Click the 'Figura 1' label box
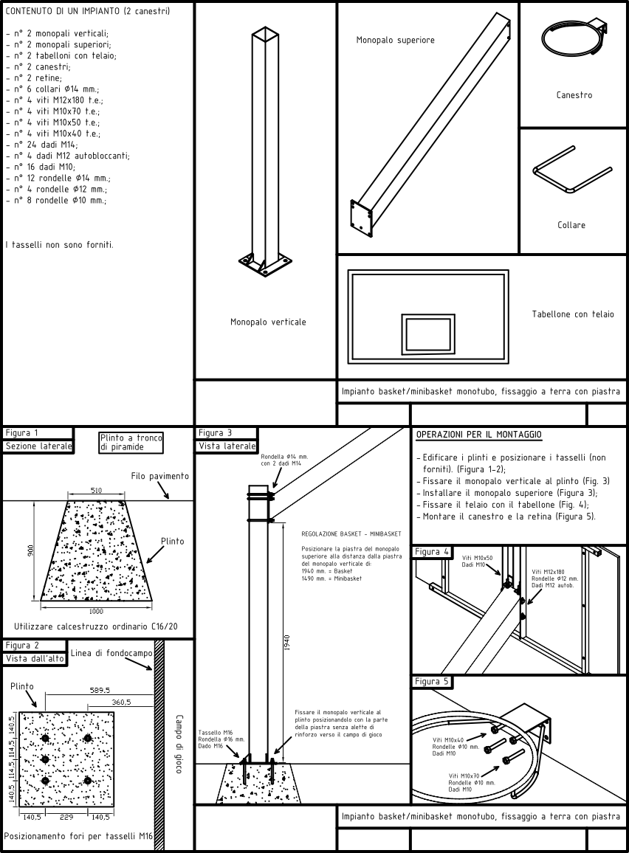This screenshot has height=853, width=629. tap(21, 433)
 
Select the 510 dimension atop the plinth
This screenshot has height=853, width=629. tap(97, 489)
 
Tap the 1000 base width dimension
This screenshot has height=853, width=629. tap(97, 610)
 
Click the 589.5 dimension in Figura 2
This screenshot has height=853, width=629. tap(99, 690)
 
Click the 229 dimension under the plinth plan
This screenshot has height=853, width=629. tap(66, 817)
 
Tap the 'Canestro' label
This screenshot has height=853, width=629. tap(574, 95)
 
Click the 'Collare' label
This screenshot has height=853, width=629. tap(571, 225)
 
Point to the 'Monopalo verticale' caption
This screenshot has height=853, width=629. tap(268, 322)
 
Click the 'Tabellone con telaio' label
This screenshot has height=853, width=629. tap(573, 314)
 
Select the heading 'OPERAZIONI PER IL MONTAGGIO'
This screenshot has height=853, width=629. tap(479, 435)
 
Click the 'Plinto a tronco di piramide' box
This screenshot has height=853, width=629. tap(131, 442)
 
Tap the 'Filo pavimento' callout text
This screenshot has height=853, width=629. tap(159, 476)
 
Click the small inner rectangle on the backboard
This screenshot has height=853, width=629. tap(427, 334)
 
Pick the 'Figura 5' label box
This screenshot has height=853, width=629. tap(432, 681)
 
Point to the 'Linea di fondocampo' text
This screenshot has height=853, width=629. tap(111, 653)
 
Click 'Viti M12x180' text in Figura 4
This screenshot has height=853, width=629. tap(548, 571)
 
